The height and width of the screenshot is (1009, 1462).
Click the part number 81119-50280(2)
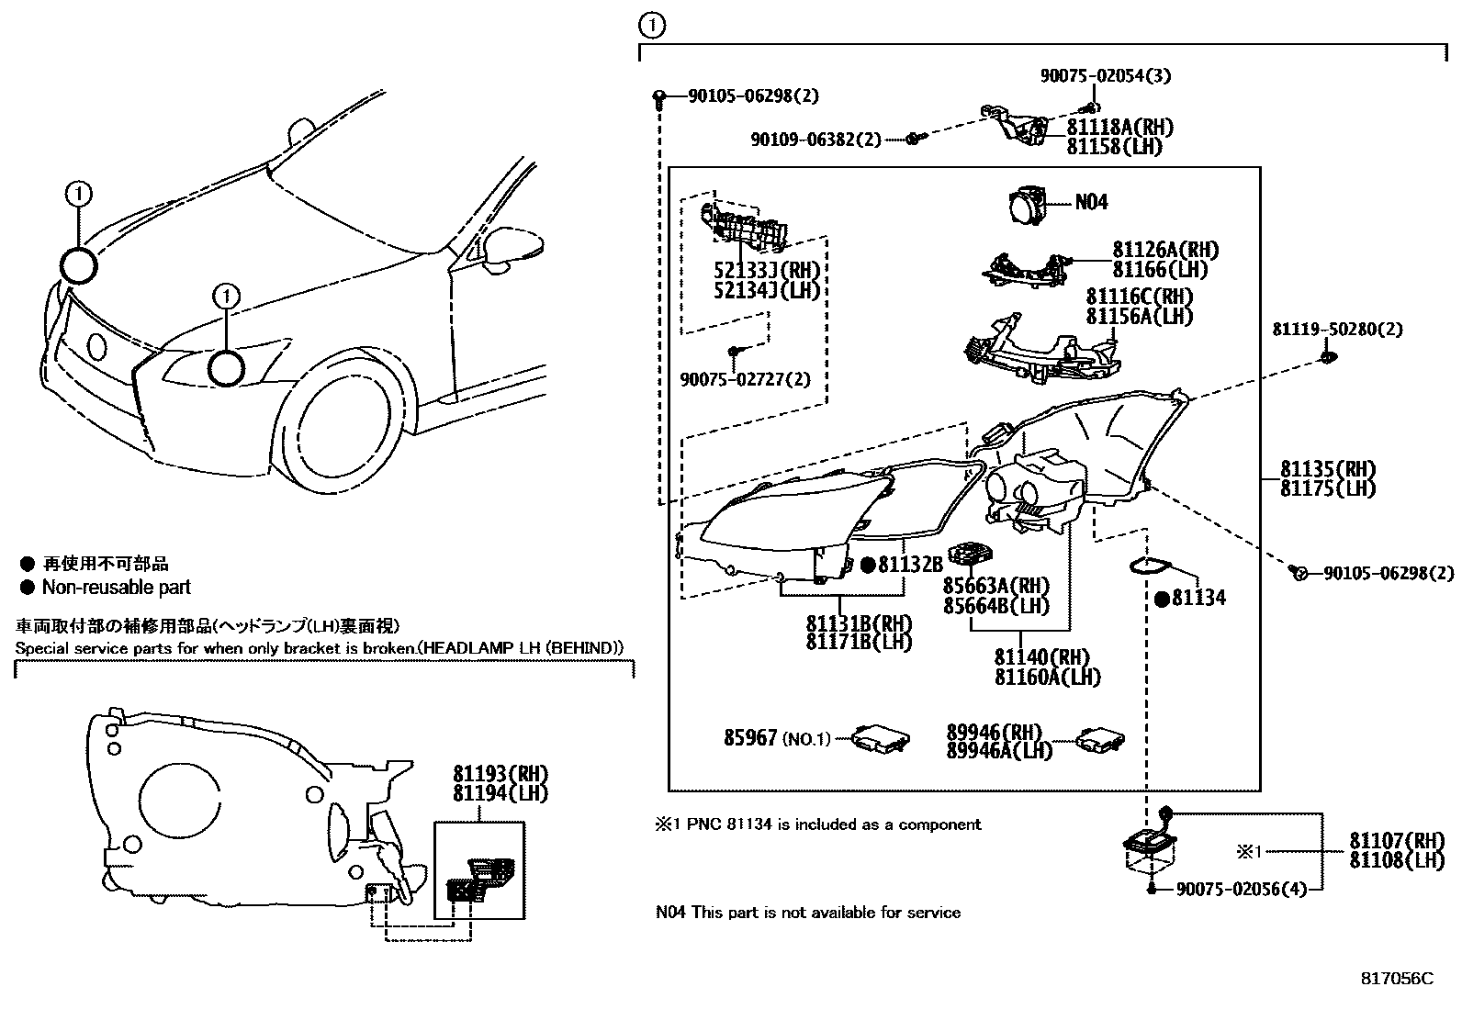coord(1336,329)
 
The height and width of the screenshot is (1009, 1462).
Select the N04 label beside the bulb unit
coord(1091,202)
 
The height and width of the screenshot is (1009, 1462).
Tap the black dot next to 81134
coord(1162,599)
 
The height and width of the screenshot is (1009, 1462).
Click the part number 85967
coord(750,737)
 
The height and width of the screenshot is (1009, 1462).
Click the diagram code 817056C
coord(1396,978)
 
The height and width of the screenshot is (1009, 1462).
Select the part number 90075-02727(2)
coord(745,379)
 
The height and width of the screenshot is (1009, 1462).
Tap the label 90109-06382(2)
coord(815,140)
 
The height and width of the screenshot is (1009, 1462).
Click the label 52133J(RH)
coord(766,271)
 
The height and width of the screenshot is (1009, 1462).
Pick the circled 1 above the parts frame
coord(651,26)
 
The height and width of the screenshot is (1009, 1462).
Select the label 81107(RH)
coord(1396,840)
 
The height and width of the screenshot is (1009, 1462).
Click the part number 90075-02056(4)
coord(1241,889)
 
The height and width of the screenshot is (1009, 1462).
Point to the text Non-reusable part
coord(117,588)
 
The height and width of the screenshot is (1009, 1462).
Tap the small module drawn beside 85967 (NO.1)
coord(879,737)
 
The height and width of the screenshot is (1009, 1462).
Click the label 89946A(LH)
coord(999,751)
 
